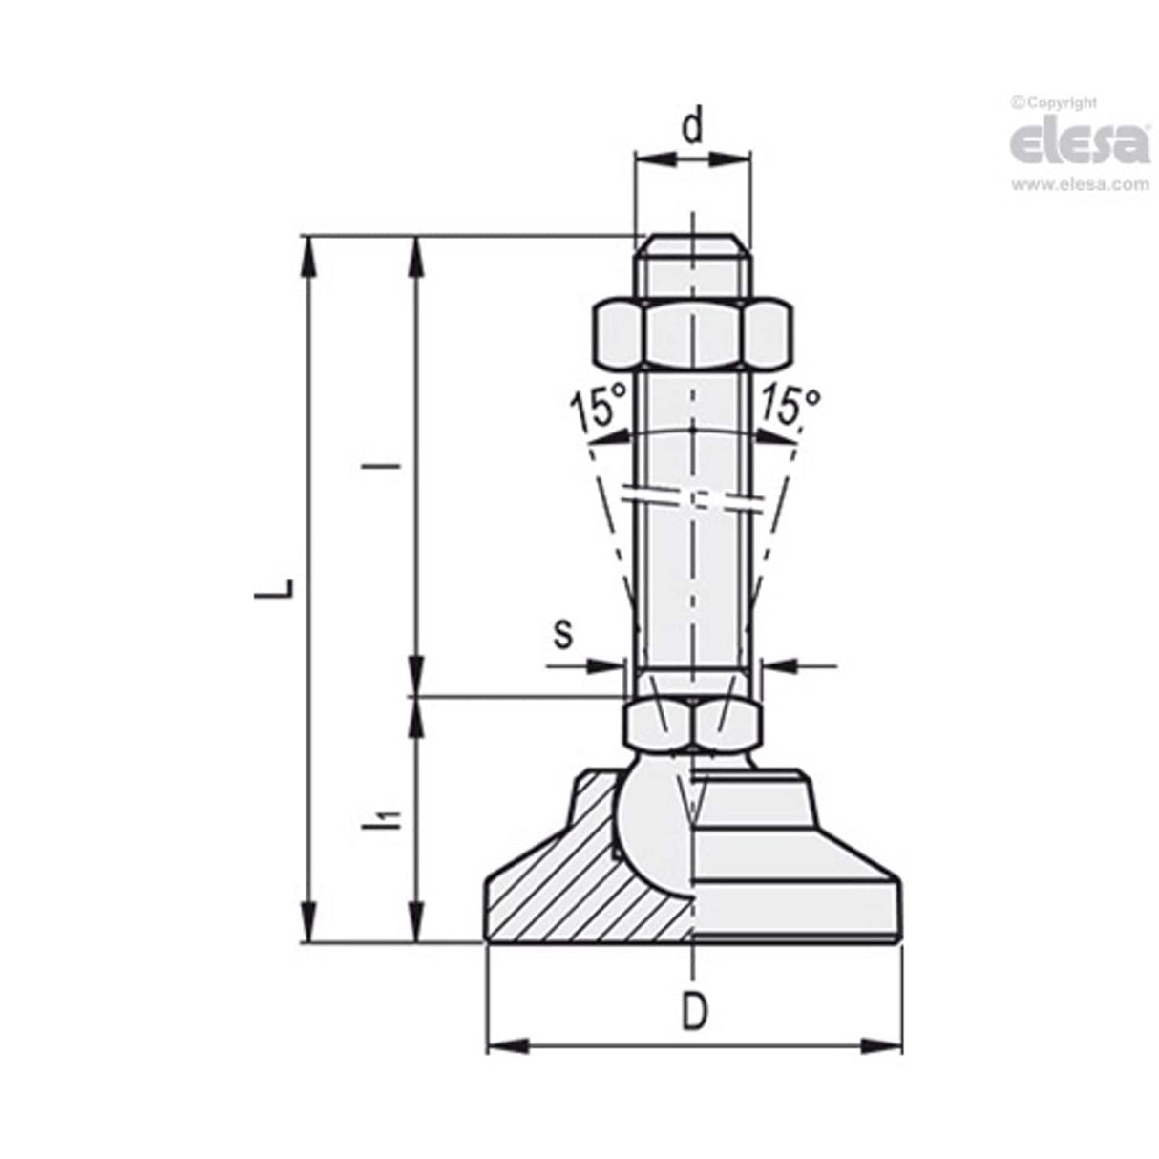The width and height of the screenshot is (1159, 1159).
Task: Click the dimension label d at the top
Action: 694,125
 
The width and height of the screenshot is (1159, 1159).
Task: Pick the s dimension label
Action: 564,632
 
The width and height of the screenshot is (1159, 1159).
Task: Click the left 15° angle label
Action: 598,409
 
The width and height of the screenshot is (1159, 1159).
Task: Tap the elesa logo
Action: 1079,143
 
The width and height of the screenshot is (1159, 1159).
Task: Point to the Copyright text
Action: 1054,103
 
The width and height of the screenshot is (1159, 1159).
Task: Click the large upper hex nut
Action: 693,334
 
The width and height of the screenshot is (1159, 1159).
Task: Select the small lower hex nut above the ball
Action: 692,725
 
